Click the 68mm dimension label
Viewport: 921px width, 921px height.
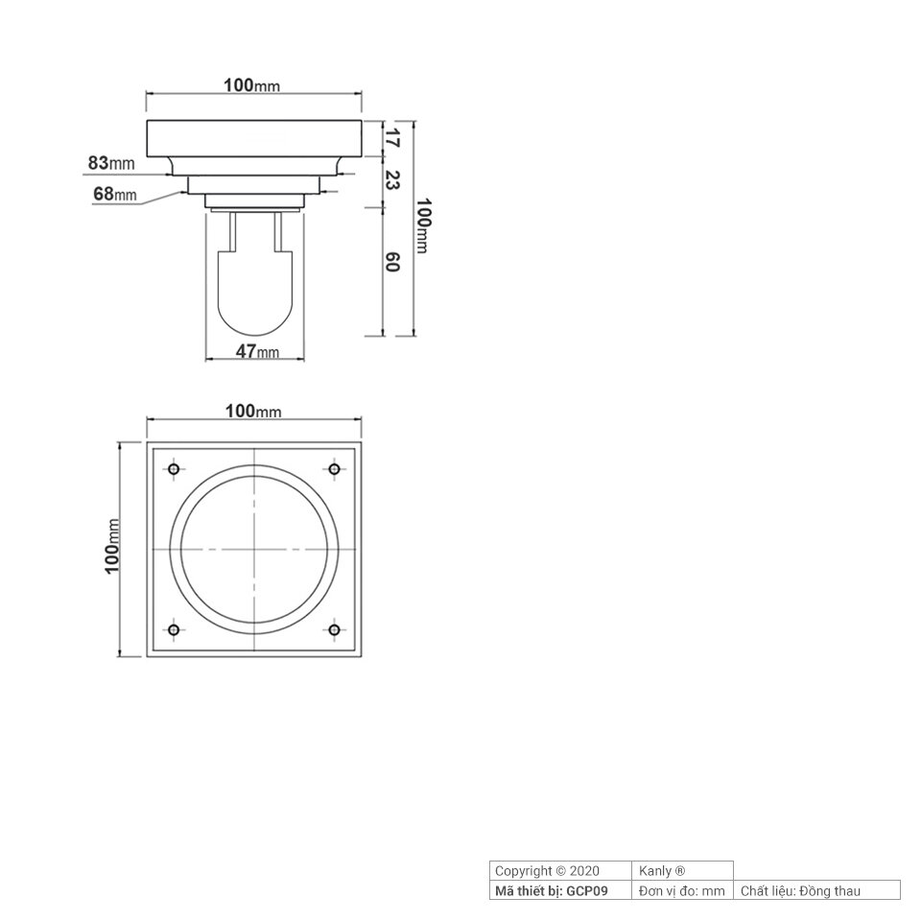point(116,195)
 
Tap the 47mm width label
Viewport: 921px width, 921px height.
point(257,351)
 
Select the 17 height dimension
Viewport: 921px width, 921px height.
point(391,138)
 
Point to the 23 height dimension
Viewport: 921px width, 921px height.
point(391,179)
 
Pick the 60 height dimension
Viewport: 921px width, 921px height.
point(391,262)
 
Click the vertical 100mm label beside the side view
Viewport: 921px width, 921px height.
point(424,227)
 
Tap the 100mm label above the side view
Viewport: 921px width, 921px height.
point(252,85)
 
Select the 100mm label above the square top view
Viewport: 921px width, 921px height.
point(253,411)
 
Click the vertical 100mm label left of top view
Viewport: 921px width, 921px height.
point(113,546)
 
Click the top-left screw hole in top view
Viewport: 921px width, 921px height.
point(174,469)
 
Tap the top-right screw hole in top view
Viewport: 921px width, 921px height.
point(335,469)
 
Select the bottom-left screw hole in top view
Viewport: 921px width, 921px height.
point(174,630)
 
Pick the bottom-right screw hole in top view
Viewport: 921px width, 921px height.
point(335,630)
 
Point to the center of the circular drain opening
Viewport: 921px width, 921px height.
point(254,550)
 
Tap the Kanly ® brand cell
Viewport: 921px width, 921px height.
point(662,871)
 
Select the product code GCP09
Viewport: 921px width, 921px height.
point(587,891)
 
